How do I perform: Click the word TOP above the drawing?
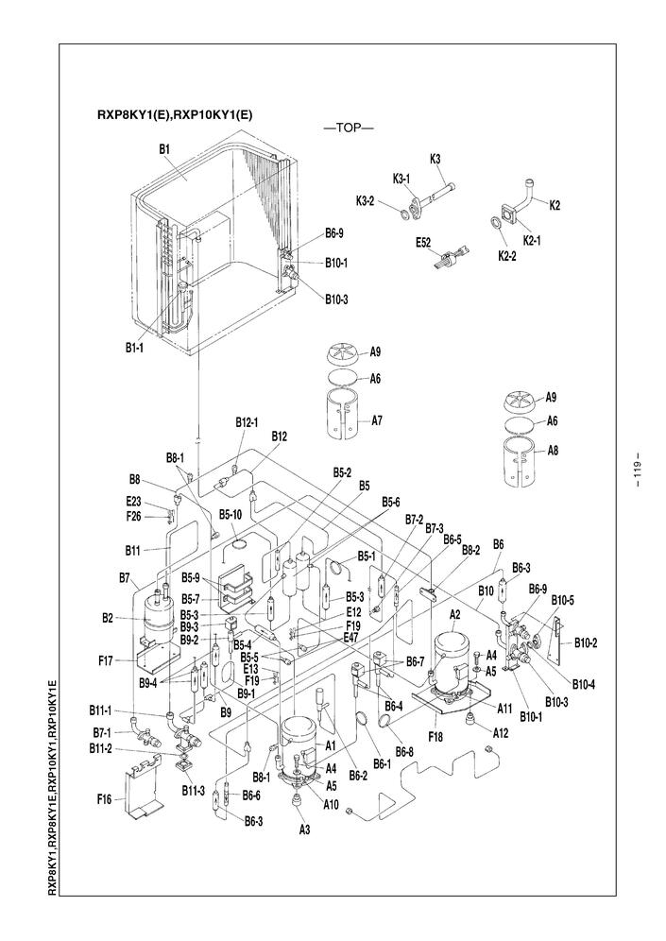349,128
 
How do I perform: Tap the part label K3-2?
365,201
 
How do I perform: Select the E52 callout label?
423,243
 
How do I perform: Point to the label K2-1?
532,241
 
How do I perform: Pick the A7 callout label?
376,420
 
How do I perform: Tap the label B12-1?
247,422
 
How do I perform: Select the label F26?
133,516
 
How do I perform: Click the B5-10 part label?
231,514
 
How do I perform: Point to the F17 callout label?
106,660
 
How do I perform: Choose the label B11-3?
194,791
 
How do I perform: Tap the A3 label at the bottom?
304,830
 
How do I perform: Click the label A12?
501,732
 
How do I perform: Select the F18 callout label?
435,736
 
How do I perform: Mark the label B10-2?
586,642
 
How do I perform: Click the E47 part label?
353,638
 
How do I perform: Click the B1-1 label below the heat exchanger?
134,348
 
